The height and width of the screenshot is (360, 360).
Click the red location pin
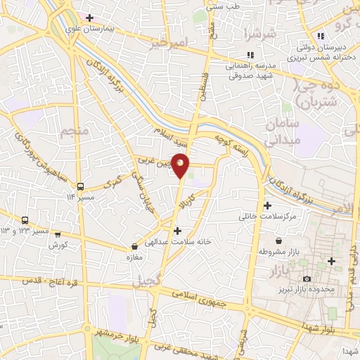[181, 165]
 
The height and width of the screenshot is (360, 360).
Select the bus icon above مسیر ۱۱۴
[81, 186]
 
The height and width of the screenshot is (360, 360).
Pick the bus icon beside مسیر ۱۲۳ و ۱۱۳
[25, 220]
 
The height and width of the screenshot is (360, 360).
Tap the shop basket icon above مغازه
[134, 247]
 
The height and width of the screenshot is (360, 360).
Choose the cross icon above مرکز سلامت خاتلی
[267, 206]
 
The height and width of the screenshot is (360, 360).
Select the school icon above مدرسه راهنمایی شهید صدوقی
[249, 54]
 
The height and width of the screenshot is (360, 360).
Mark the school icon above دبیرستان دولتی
[321, 36]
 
